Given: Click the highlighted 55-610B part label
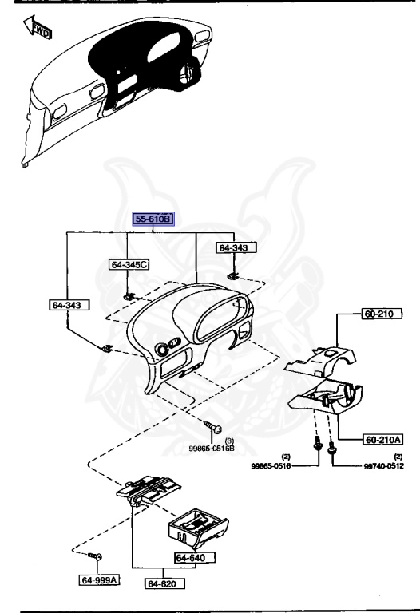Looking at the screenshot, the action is click(x=153, y=219).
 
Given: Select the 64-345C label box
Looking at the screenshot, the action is click(x=129, y=265).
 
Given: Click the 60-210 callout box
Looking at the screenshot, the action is click(x=382, y=314).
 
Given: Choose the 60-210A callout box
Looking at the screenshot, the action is click(x=382, y=440).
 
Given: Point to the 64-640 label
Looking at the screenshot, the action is click(x=195, y=557).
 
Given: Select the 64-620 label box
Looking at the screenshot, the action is click(x=164, y=583).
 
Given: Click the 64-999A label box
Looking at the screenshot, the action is click(x=99, y=579).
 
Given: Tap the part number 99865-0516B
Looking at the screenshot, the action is click(x=212, y=449).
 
